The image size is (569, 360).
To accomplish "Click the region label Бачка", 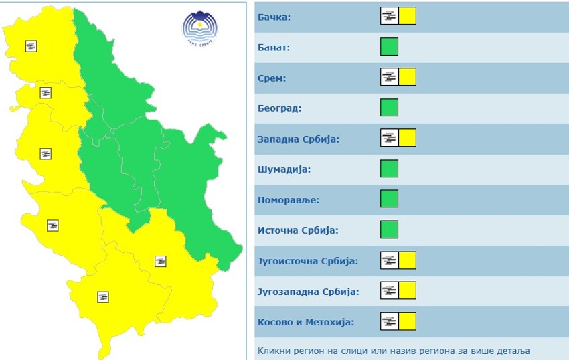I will pos(274,17).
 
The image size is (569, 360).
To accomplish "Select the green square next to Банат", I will pos(389,47).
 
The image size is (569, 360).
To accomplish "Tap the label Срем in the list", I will pos(272,78).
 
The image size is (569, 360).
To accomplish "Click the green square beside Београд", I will pos(389,108).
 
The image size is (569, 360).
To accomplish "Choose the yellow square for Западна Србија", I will pos(407,139).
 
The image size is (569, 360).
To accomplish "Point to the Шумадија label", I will pos(284,169).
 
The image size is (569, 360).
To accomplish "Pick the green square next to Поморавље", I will pos(389,199).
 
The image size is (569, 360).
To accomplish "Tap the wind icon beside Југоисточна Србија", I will pos(389,260).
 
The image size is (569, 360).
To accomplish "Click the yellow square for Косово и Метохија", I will pos(407,322).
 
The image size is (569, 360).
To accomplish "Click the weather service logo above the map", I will pos(202,27).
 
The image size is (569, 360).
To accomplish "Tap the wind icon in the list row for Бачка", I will pos(389,16).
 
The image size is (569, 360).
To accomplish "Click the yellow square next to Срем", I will pos(407,77).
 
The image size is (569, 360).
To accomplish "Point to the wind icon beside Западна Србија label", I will pos(389,139).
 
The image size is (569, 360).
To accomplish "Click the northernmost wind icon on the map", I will pos(31,46).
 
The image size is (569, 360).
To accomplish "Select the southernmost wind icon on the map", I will pos(103,297).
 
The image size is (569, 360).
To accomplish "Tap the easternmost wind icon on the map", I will pos(160,261).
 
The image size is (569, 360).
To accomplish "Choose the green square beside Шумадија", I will pos(389,169).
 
